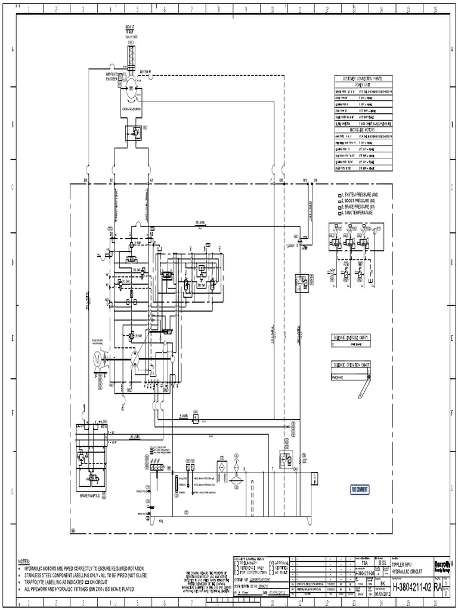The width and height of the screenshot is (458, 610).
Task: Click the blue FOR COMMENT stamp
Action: tap(360, 489)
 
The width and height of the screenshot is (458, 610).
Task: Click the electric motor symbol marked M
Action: tap(96, 359)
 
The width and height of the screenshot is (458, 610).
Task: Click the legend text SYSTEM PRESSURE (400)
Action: tap(360, 195)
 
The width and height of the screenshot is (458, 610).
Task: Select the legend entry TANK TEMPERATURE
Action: tap(357, 213)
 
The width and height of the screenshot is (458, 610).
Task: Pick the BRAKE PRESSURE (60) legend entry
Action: tap(358, 207)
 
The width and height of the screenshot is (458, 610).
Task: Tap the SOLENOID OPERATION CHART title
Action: tap(352, 364)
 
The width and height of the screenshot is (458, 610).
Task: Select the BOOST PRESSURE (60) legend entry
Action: tap(359, 201)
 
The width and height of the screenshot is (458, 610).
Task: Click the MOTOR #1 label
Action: tap(147, 72)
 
